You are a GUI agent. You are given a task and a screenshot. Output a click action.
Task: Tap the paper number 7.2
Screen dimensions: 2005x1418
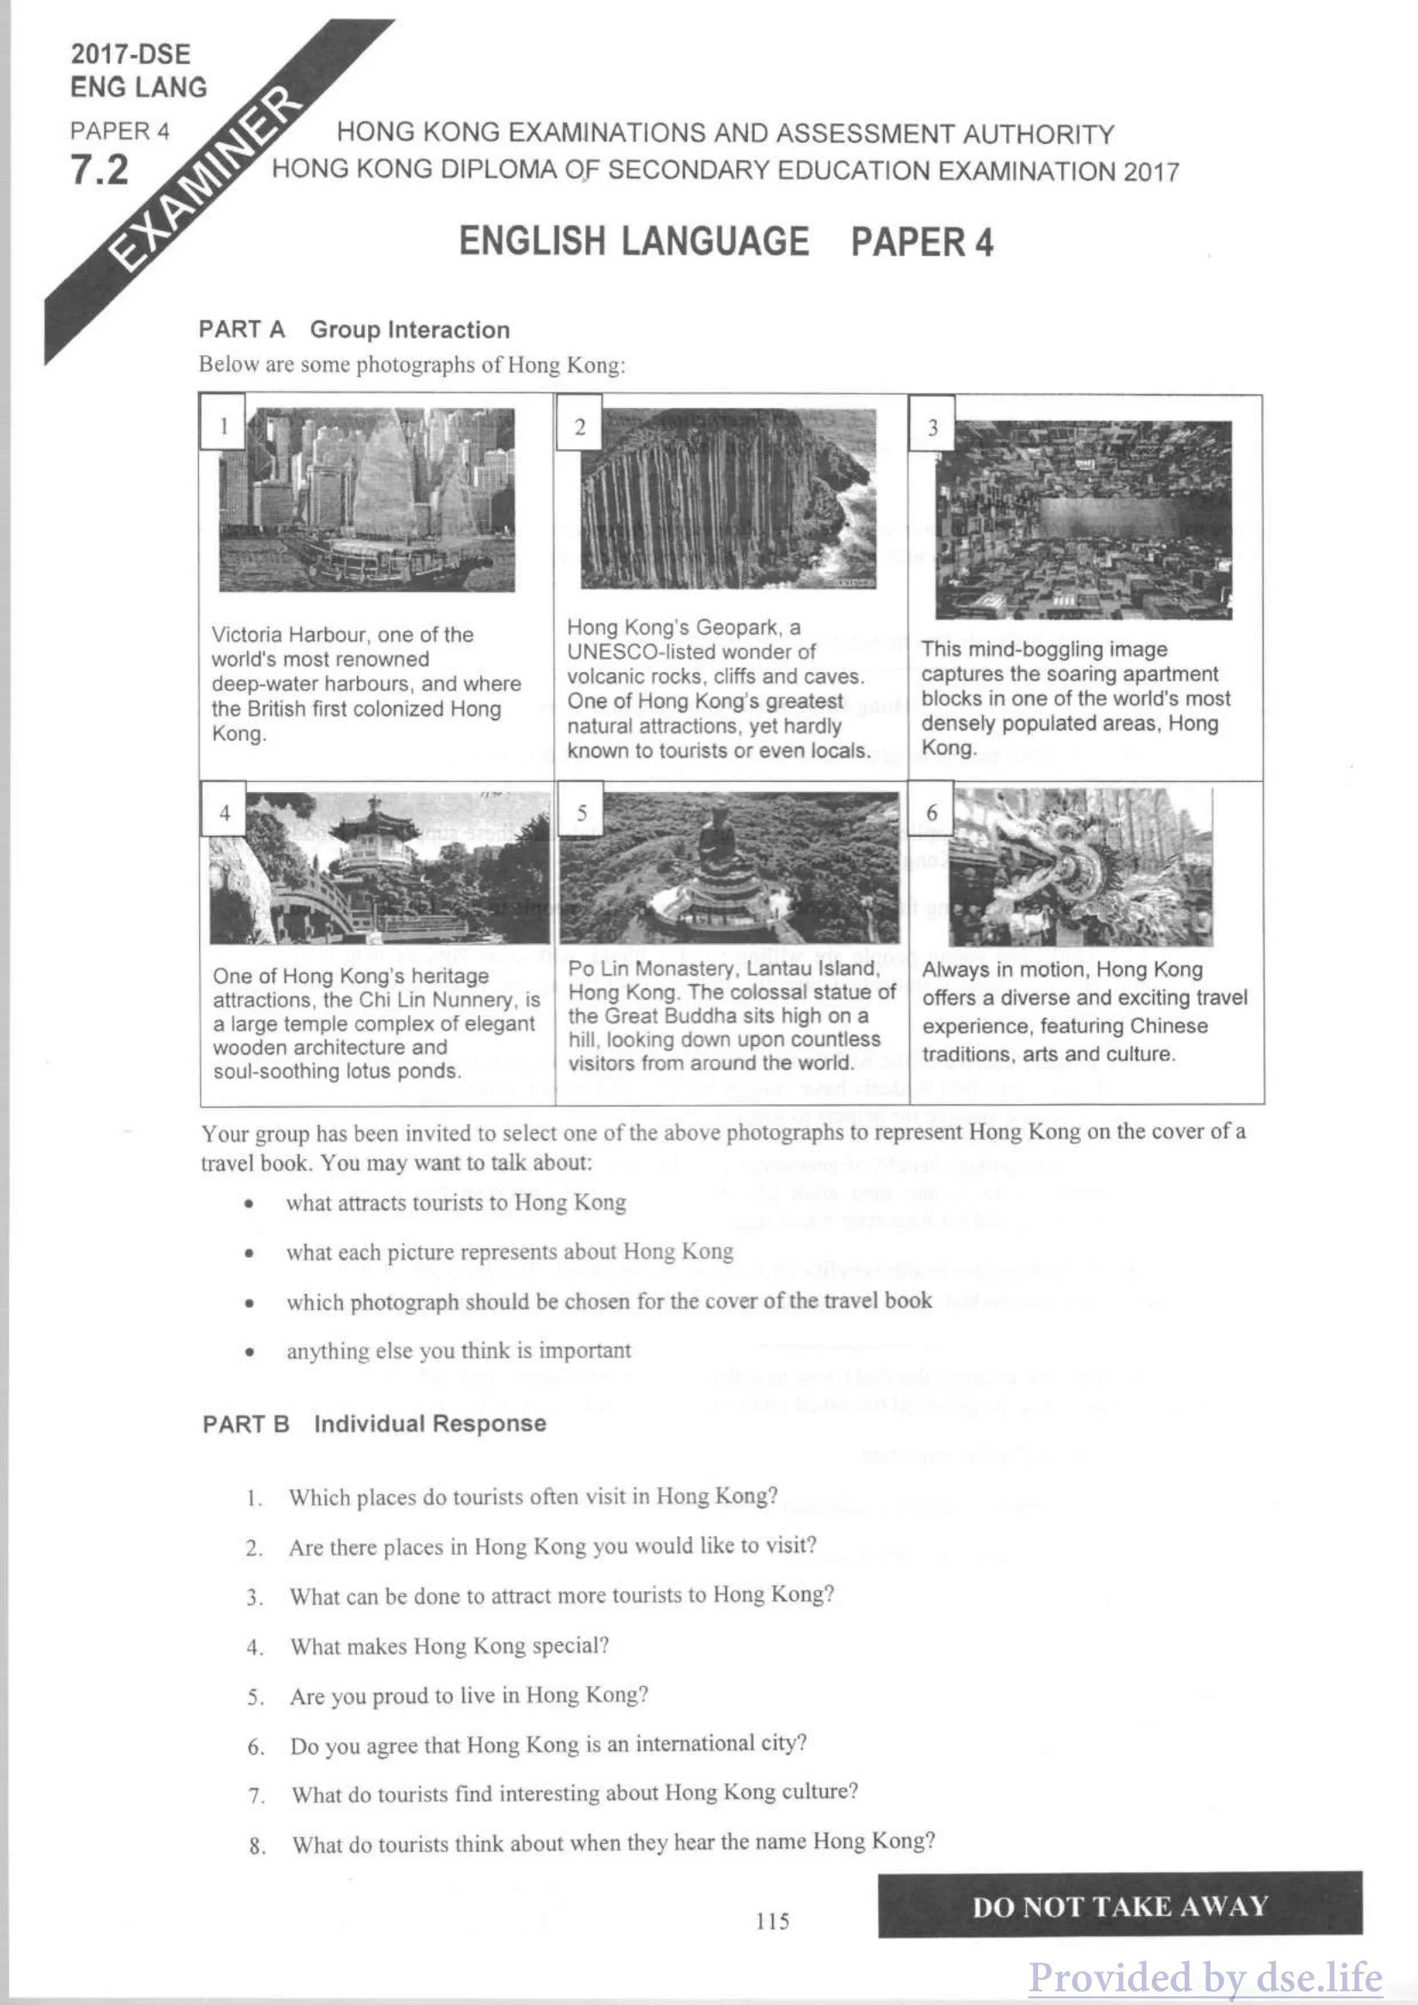point(100,170)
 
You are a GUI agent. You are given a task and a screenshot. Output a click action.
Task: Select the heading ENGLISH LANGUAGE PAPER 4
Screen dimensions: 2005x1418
point(725,242)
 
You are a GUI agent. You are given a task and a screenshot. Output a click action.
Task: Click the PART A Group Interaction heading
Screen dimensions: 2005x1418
point(353,330)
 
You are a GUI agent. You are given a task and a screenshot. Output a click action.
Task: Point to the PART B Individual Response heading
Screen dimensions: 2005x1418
point(374,1424)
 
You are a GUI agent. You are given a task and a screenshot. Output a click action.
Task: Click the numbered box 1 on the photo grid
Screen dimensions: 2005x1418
point(224,425)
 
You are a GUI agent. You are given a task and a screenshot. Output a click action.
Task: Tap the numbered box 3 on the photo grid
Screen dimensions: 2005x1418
point(932,427)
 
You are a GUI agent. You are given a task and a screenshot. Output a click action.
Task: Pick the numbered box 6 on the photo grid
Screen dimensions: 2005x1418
point(932,812)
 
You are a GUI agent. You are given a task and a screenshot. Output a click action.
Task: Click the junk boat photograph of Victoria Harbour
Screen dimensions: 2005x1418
point(367,500)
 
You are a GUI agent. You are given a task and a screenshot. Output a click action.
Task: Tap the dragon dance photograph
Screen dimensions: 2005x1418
point(1082,867)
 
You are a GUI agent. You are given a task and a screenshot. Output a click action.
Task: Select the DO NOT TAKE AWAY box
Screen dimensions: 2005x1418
point(1120,1906)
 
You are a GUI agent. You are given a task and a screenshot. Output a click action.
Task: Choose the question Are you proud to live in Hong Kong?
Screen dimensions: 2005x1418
point(469,1695)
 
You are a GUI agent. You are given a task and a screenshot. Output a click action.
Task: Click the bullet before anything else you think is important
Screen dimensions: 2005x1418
point(250,1352)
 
